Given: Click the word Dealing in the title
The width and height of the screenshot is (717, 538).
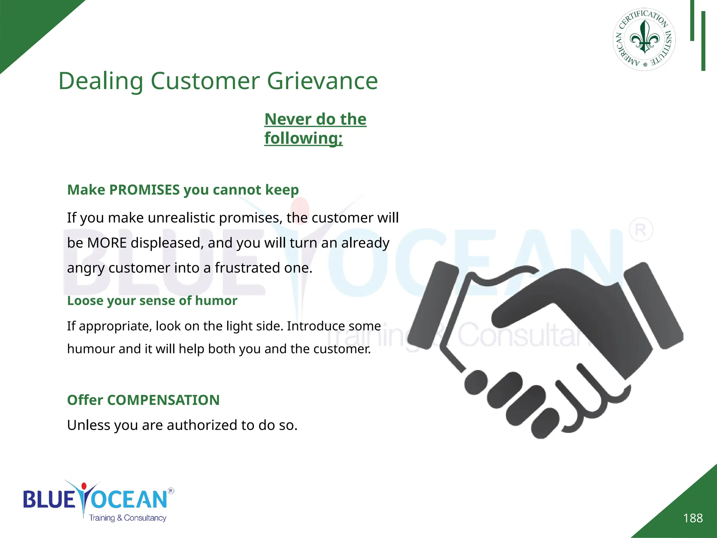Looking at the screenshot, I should (x=101, y=81).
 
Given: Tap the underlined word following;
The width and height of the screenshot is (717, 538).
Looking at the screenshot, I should (x=303, y=138).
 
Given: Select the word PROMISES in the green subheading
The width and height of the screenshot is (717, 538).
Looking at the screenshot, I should (x=144, y=190).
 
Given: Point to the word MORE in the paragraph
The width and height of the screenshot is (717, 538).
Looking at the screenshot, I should (x=107, y=243).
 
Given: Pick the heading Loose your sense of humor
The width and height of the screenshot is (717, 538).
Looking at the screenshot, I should (x=152, y=301).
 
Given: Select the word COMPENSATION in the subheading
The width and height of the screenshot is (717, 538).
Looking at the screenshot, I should (x=163, y=400).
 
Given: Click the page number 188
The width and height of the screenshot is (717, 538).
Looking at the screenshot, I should (x=693, y=518).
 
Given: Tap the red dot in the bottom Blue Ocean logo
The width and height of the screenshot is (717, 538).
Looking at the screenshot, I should (x=84, y=486).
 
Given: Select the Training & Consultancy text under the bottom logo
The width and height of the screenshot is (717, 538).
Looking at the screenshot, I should (x=127, y=518).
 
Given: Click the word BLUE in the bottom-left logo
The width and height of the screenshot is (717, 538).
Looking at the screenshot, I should (x=49, y=499).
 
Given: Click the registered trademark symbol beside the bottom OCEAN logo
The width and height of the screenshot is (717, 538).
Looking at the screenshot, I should (x=171, y=491).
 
